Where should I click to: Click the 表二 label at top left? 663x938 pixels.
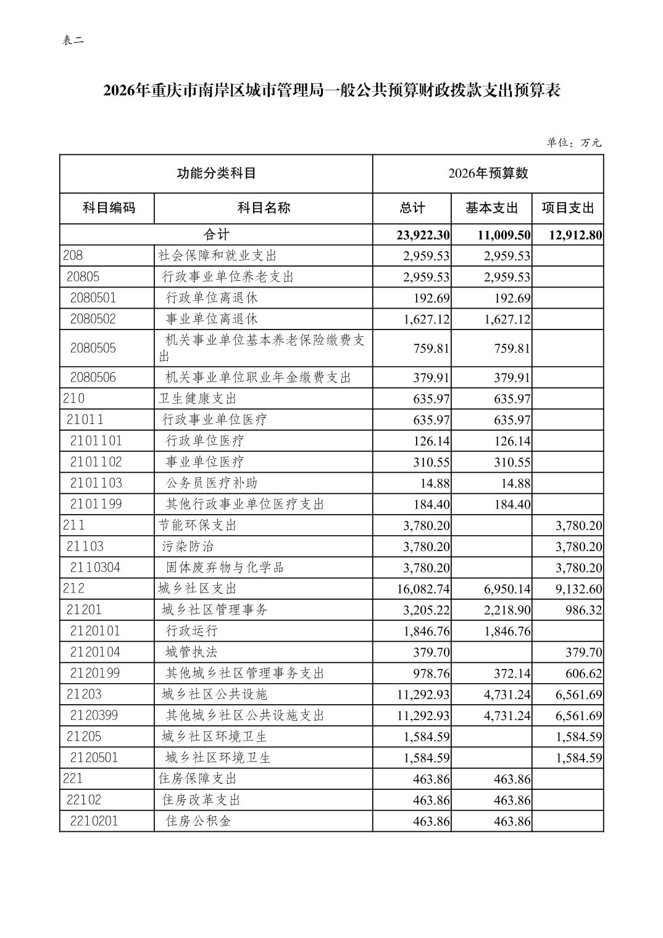73,41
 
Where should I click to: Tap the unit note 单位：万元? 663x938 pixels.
573,143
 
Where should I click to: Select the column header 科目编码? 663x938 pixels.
109,208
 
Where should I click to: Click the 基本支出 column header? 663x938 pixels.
491,208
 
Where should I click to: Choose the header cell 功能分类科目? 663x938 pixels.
216,173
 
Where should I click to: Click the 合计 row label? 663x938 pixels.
216,234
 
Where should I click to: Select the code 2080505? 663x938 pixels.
93,348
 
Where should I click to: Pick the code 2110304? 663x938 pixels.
95,567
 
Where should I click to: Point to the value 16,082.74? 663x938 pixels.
423,589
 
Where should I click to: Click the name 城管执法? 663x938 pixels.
191,652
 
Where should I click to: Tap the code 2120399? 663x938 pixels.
94,715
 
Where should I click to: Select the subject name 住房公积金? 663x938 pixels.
199,821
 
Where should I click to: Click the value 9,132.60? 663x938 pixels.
578,589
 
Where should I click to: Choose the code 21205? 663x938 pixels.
84,736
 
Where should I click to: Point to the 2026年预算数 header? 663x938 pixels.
488,173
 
